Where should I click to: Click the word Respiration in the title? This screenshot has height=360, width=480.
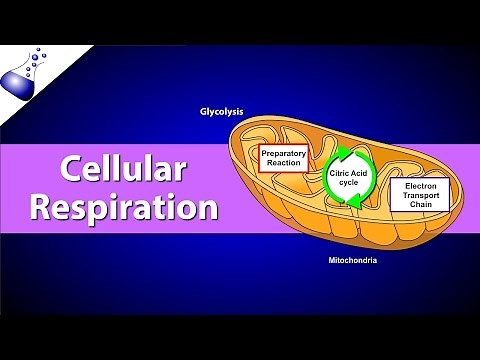[124, 208]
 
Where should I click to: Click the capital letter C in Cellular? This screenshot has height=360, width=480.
[71, 171]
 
